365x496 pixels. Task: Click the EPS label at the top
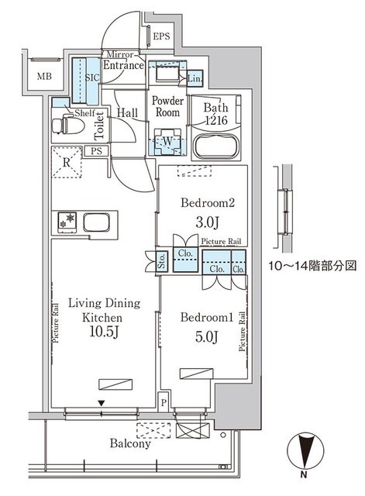161,36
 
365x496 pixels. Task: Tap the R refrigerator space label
67,163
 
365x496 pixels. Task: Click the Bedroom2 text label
202,204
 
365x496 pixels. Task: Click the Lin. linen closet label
195,80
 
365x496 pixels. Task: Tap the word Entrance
125,66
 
